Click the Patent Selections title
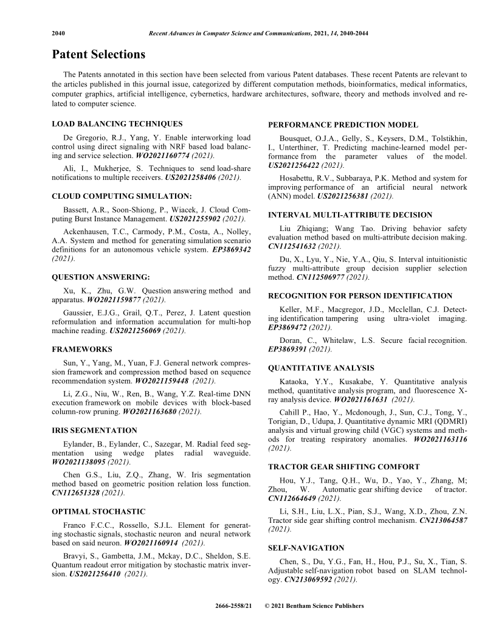point(98,55)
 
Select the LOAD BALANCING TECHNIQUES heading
point(117,124)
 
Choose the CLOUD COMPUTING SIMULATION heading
point(122,196)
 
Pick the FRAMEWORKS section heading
point(82,350)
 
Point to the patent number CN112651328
point(76,492)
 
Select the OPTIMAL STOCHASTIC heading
point(98,511)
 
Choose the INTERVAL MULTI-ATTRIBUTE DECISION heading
point(350,215)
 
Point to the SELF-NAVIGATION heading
point(306,548)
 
